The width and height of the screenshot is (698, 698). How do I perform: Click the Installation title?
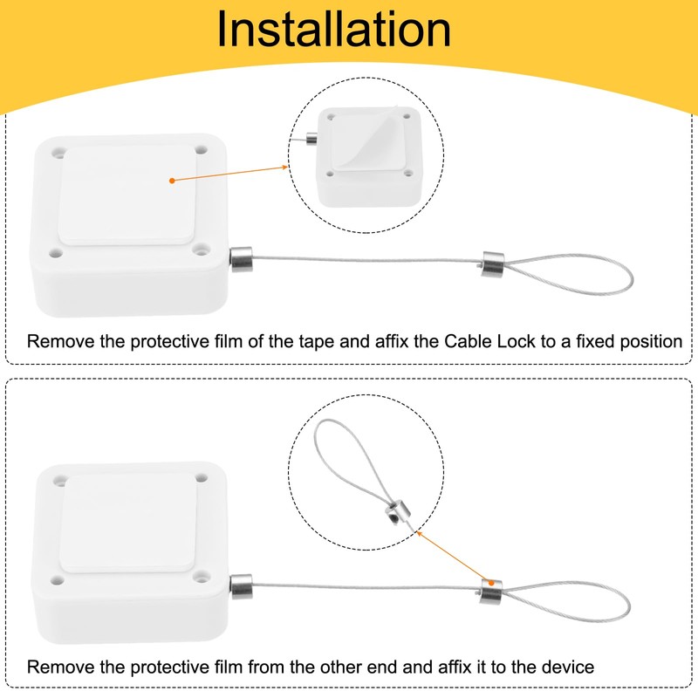[334, 30]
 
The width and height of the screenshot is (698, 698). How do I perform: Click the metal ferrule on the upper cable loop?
[491, 262]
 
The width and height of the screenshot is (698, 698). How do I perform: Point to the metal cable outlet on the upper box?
[240, 259]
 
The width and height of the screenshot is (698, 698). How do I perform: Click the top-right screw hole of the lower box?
[202, 478]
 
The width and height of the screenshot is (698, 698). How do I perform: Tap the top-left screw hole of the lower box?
[59, 478]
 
